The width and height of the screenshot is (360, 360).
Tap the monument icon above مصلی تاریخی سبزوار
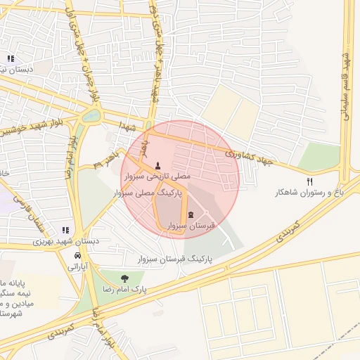pyautogui.click(x=157, y=167)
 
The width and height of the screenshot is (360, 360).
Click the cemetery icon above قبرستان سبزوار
pyautogui.click(x=191, y=214)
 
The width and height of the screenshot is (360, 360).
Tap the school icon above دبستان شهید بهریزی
pyautogui.click(x=65, y=230)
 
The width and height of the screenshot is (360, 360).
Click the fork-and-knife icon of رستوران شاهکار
pyautogui.click(x=309, y=181)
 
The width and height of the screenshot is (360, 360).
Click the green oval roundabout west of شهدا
pyautogui.click(x=91, y=116)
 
